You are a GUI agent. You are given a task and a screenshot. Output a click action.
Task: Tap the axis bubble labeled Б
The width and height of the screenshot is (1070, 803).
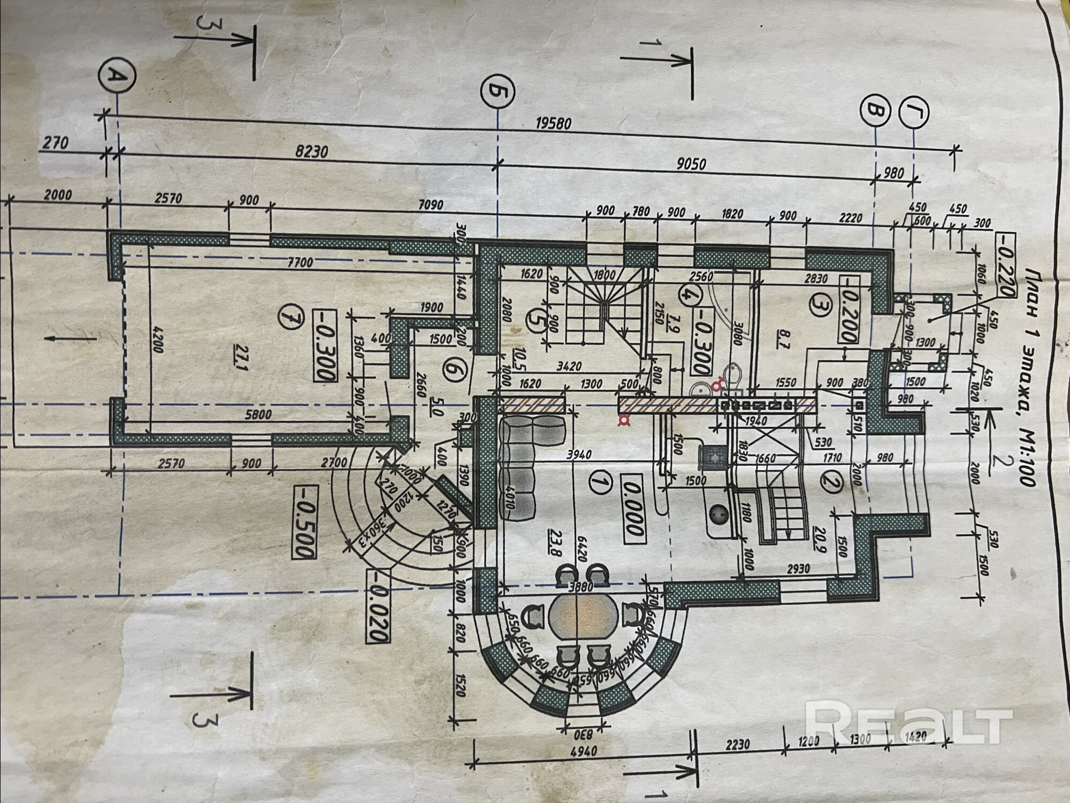[498, 92]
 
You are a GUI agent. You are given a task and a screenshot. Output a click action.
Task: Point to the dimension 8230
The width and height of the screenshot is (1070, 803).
[311, 152]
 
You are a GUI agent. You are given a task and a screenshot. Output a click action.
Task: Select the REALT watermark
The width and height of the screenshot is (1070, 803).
[909, 726]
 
